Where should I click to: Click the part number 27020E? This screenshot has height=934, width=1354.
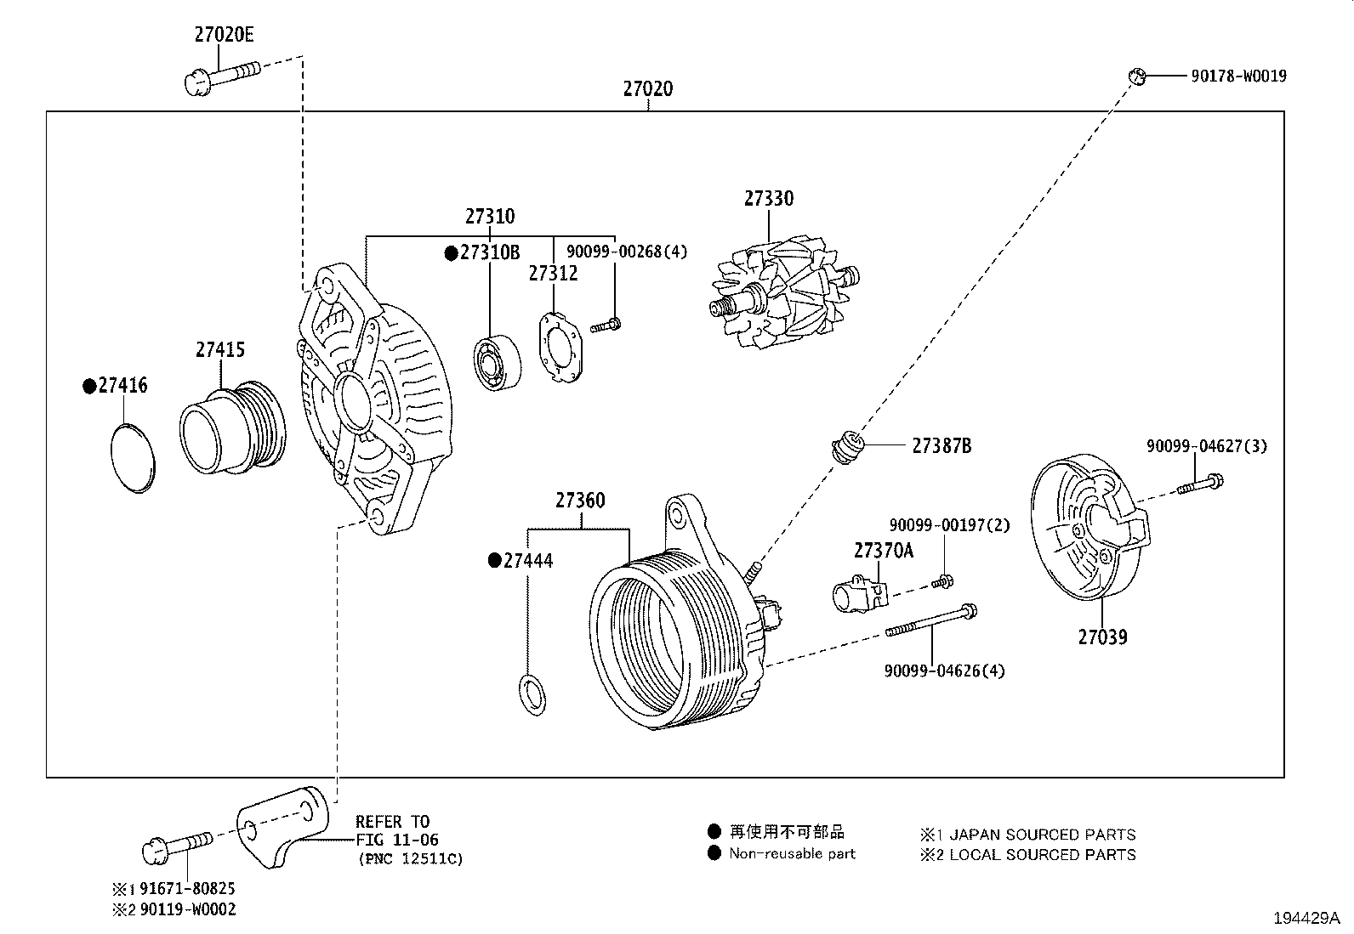click(x=224, y=35)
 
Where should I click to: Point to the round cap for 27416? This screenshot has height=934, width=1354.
click(x=134, y=456)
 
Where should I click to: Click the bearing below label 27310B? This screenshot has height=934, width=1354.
click(x=496, y=365)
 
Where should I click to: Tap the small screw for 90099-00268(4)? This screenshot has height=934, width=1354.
click(x=606, y=324)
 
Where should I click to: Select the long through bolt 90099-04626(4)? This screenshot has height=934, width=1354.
click(x=931, y=621)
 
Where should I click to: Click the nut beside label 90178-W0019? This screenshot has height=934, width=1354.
click(x=1136, y=76)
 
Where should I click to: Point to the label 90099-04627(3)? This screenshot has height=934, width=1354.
click(x=1206, y=445)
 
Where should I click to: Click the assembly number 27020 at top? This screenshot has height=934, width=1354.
click(x=647, y=88)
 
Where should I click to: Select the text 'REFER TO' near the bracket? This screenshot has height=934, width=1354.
click(x=392, y=822)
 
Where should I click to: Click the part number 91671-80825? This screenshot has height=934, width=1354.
click(x=187, y=888)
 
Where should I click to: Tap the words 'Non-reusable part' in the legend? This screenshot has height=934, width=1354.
click(x=792, y=853)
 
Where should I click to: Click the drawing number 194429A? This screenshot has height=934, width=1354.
click(x=1306, y=918)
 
